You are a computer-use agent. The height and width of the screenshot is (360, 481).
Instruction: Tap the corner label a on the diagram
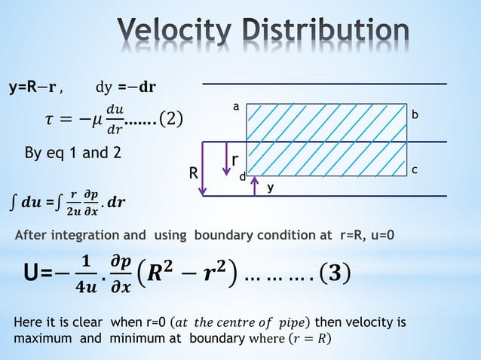point(235,107)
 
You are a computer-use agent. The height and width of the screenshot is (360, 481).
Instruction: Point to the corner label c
point(414,171)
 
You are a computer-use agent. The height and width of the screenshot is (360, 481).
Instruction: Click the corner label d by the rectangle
point(242,176)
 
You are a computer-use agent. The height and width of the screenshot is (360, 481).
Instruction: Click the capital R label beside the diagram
point(194,174)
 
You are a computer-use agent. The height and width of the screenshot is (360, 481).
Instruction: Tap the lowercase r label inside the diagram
point(235,161)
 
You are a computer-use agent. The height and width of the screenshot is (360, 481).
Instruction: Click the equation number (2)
point(166,120)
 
